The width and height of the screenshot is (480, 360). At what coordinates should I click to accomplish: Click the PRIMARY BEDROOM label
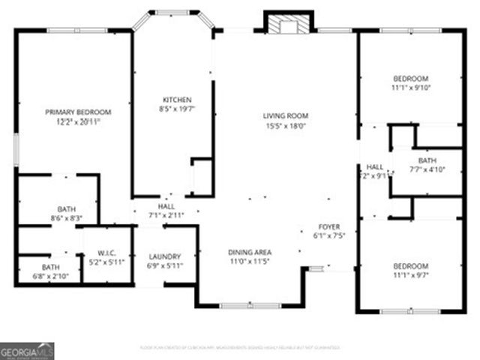(x=78, y=112)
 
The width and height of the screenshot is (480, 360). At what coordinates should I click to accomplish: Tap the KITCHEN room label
(x=178, y=100)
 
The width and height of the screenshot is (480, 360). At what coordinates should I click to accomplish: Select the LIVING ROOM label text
(x=285, y=115)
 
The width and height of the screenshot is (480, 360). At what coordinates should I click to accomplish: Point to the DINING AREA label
(x=250, y=252)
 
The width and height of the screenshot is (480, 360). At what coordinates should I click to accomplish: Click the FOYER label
(x=329, y=226)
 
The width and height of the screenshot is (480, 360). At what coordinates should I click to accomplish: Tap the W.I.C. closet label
(x=105, y=253)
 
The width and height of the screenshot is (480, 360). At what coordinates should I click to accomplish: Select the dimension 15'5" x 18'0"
(x=285, y=127)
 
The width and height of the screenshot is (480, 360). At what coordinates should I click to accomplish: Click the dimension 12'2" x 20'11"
(x=78, y=121)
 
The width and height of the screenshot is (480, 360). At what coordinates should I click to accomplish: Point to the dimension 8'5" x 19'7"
(x=178, y=109)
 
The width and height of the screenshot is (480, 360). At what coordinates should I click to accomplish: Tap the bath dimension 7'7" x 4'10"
(x=427, y=169)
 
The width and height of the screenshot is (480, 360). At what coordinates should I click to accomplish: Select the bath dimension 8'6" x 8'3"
(x=66, y=218)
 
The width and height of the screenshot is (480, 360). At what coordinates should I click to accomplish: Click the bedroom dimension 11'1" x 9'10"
(x=411, y=88)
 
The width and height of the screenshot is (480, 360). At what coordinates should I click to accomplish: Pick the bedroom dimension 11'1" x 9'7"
(x=411, y=275)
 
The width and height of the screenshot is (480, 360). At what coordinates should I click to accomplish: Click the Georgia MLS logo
(x=27, y=351)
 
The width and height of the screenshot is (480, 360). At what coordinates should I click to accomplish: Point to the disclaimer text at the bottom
(x=240, y=347)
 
